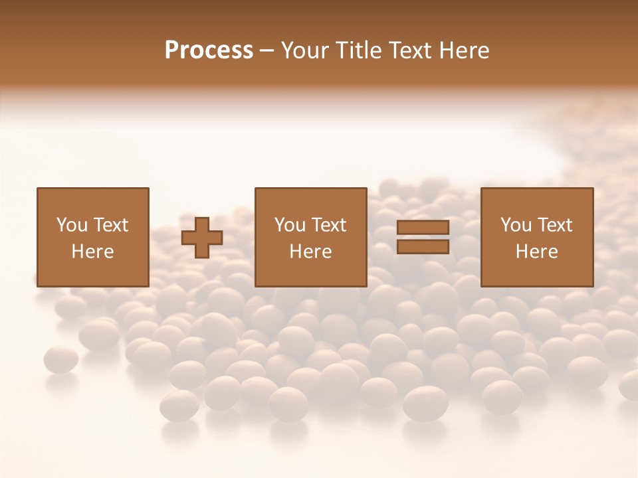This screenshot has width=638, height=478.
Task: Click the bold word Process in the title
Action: [x=209, y=50]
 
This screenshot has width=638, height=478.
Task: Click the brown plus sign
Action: [x=202, y=238]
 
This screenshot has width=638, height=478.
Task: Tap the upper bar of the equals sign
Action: [x=423, y=228]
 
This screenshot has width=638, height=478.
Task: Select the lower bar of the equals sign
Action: [x=423, y=247]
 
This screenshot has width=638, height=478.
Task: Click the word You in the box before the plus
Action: [x=70, y=225]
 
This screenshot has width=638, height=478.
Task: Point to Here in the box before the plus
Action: [x=92, y=252]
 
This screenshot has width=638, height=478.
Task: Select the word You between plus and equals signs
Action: [x=289, y=225]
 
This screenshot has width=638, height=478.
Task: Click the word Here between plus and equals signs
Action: [x=310, y=252]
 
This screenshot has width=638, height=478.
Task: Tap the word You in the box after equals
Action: [x=515, y=225]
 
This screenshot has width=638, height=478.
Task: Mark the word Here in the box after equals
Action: [x=536, y=252]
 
